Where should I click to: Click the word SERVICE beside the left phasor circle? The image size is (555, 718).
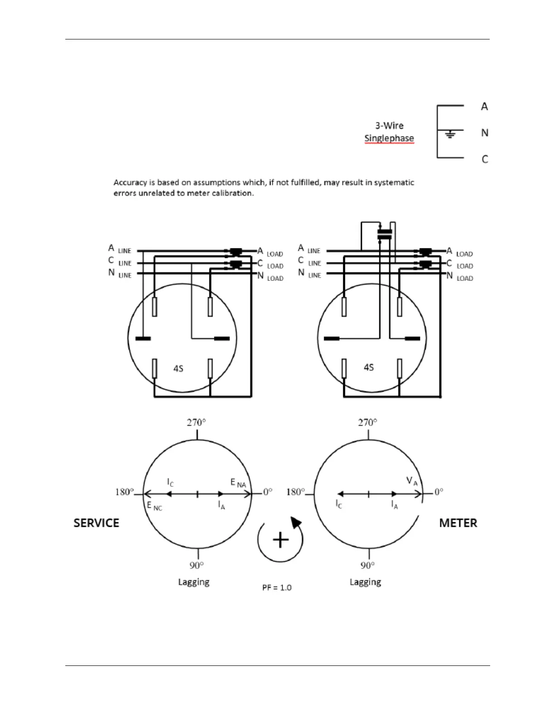click(96, 523)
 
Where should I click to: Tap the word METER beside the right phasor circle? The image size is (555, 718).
click(458, 523)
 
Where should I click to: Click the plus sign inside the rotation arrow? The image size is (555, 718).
click(281, 540)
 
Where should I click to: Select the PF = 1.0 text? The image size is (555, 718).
click(277, 587)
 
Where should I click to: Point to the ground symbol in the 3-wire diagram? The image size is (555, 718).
click(450, 134)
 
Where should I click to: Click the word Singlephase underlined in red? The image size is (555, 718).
click(389, 138)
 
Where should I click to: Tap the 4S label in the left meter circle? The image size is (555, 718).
click(178, 369)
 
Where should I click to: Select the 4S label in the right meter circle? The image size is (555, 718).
click(369, 367)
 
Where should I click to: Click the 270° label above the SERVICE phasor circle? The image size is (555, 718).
click(196, 422)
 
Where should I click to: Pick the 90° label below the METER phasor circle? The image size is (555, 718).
click(368, 565)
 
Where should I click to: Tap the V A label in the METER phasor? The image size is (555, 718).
click(412, 481)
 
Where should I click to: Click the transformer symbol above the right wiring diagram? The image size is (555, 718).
click(385, 234)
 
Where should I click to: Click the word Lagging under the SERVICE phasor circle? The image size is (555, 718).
click(194, 582)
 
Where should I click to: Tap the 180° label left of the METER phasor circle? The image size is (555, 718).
click(296, 492)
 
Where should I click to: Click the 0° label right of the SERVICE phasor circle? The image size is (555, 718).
click(268, 492)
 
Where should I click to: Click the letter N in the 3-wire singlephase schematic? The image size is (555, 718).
click(485, 133)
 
